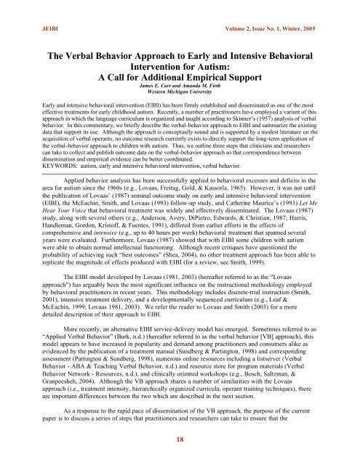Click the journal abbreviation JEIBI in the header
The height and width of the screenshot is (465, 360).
click(x=33, y=9)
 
